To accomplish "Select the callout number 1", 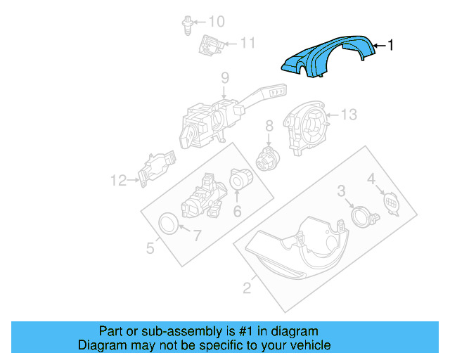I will tap(391, 46).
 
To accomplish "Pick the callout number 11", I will tap(247, 44).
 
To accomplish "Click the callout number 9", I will tap(225, 78).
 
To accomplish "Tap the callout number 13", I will tap(349, 114).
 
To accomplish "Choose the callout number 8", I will tap(269, 127).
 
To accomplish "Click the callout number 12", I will tap(118, 181).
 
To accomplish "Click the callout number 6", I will tap(237, 212).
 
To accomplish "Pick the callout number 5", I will tap(150, 247).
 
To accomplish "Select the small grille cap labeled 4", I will tap(390, 203).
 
